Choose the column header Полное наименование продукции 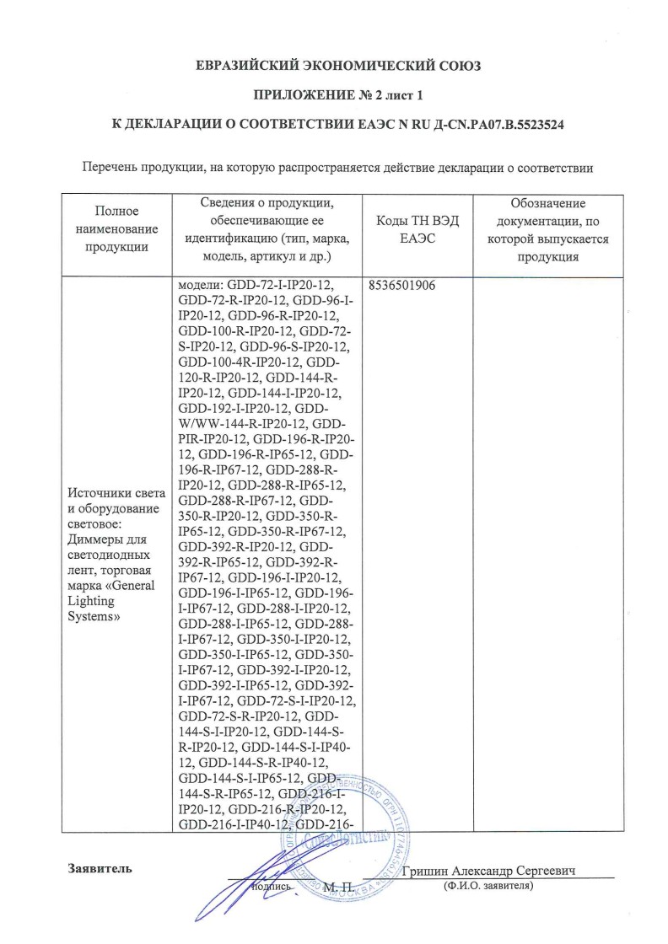click(x=116, y=229)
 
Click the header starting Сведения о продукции click(x=268, y=229)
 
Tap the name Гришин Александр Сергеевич click(x=494, y=872)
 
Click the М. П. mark click(x=337, y=887)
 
